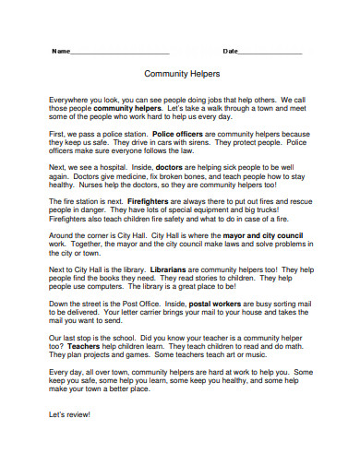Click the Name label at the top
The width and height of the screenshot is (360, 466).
click(x=60, y=51)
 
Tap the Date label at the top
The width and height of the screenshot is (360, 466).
click(x=231, y=51)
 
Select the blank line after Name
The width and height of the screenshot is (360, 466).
click(x=119, y=53)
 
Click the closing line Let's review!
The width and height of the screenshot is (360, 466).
click(x=70, y=414)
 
